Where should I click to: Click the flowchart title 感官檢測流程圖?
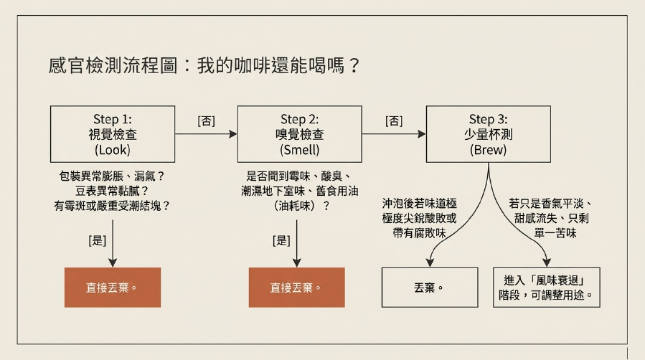(x=113, y=66)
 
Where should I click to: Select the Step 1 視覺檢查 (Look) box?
(x=113, y=134)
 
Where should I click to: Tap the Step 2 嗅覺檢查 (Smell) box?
(x=299, y=134)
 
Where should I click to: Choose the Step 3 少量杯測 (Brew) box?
(x=489, y=134)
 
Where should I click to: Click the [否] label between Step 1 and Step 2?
(x=206, y=120)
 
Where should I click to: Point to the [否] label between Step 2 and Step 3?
(x=394, y=120)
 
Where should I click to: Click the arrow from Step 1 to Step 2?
(x=206, y=134)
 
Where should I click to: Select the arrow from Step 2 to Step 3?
(x=394, y=134)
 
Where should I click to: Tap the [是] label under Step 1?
(x=97, y=240)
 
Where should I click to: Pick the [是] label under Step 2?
(x=281, y=240)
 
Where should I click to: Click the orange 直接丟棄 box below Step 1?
(x=113, y=288)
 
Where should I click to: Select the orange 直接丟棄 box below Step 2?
(x=296, y=288)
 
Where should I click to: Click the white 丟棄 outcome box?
(x=430, y=288)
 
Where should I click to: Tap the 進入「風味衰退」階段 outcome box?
(x=547, y=288)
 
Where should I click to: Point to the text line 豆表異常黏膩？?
(x=112, y=191)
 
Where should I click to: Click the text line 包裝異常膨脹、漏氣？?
(x=112, y=176)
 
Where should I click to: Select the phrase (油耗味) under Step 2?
(x=296, y=206)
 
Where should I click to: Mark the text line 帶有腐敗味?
(x=419, y=233)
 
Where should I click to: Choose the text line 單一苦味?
(x=555, y=233)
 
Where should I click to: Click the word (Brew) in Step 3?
(x=489, y=150)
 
